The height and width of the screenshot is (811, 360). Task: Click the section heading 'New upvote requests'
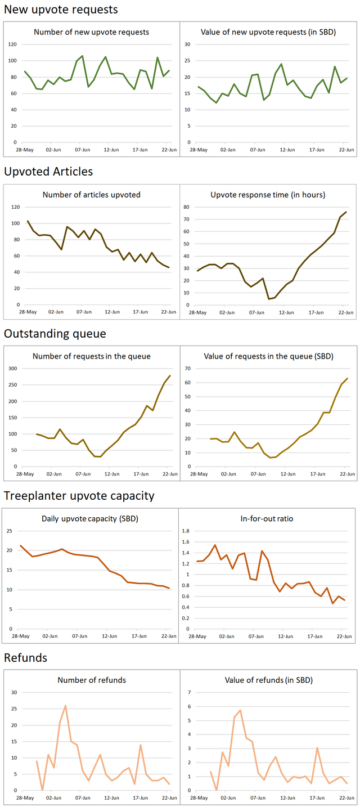(61, 10)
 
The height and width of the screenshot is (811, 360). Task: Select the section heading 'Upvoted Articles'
(48, 171)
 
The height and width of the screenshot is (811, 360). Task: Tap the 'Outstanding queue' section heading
(55, 334)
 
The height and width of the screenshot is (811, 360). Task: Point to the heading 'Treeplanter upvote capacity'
(79, 496)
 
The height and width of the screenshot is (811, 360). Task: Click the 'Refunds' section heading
(26, 658)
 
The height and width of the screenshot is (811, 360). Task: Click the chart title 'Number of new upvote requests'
(92, 32)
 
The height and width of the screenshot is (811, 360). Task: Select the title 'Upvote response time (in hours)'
(268, 195)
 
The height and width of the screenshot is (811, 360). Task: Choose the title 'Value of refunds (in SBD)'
(268, 680)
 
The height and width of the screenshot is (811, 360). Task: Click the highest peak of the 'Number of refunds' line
(65, 705)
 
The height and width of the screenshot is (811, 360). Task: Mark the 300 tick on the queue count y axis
(12, 369)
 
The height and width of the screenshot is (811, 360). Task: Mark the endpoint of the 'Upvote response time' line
(345, 212)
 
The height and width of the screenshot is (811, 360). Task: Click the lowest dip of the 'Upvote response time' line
(269, 299)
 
